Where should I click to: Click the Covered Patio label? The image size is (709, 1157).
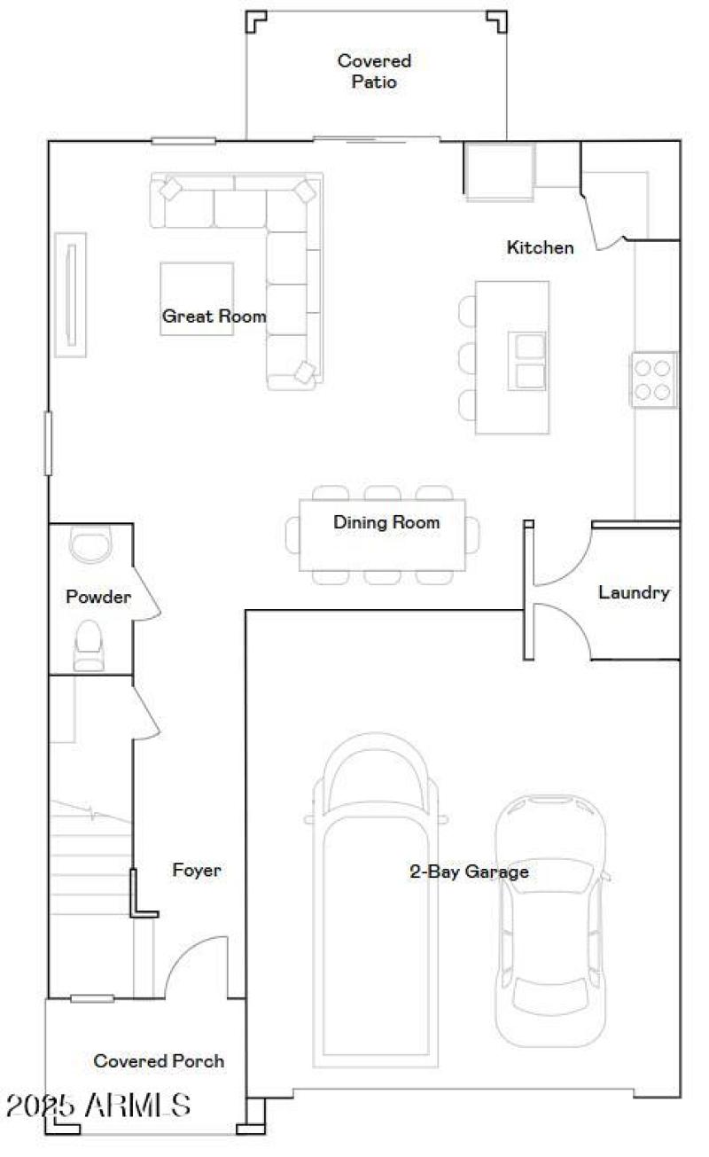(374, 72)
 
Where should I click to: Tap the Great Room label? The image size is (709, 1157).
(214, 316)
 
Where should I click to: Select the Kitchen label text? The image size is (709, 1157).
(540, 247)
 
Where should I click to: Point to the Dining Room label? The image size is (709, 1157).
(386, 522)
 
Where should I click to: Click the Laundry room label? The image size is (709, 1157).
(634, 592)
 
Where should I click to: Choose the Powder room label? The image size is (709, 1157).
(98, 598)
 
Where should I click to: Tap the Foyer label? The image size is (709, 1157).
(197, 871)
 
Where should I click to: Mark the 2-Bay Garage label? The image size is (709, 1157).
(469, 872)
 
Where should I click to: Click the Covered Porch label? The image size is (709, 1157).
(159, 1061)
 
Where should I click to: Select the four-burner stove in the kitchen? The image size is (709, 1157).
(654, 379)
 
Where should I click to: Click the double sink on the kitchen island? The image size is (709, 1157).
(527, 361)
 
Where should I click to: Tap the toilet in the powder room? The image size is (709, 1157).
(88, 645)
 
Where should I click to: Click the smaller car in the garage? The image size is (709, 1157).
(551, 922)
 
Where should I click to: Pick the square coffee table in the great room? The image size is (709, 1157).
(197, 298)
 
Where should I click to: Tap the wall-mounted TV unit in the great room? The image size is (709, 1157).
(71, 294)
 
